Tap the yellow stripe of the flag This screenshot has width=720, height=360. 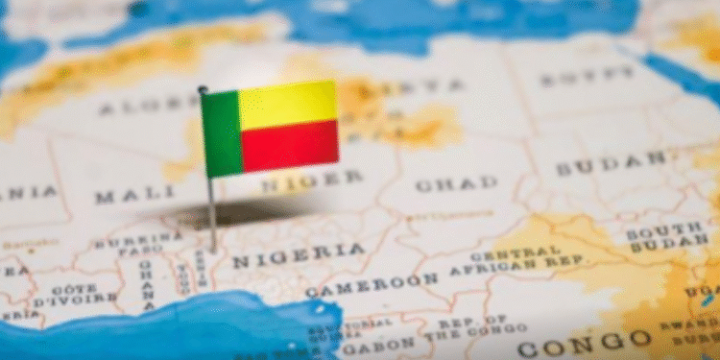click(288, 104)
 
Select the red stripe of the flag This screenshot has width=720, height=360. click(289, 147)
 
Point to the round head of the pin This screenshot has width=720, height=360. click(203, 89)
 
